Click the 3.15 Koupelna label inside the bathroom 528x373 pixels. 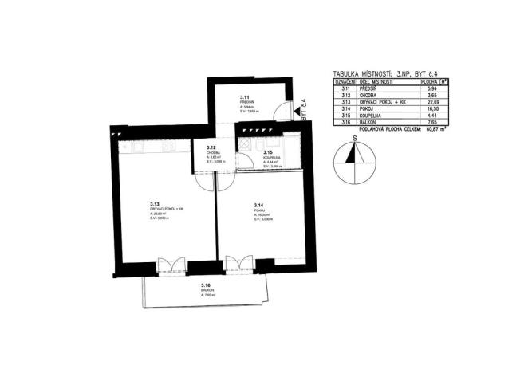(268, 152)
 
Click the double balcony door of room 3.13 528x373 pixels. (171, 265)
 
